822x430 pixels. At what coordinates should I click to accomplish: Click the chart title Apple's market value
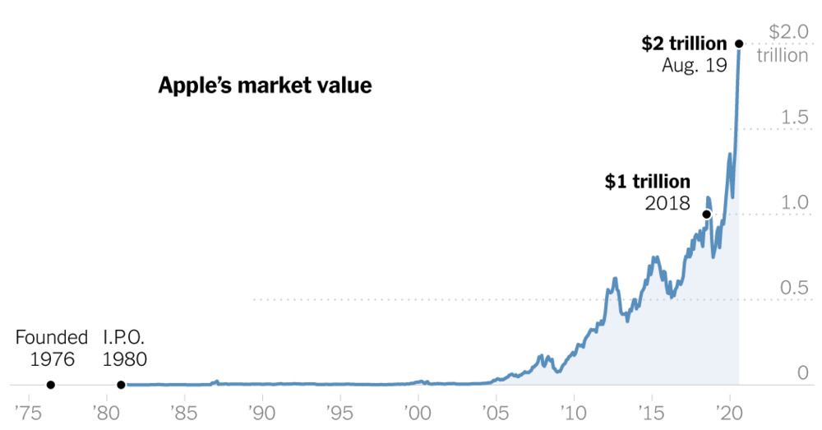(x=265, y=86)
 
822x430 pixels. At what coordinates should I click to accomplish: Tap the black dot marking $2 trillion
(x=739, y=44)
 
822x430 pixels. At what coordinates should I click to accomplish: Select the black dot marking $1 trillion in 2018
(x=706, y=215)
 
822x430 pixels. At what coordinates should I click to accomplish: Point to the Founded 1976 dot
(x=51, y=385)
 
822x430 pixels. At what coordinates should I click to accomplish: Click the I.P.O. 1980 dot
(x=121, y=385)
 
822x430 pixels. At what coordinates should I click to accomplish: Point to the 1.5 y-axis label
(x=795, y=118)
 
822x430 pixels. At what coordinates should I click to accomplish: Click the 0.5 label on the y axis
(x=795, y=288)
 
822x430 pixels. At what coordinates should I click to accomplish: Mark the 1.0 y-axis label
(x=795, y=202)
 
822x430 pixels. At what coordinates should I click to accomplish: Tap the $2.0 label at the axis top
(x=788, y=32)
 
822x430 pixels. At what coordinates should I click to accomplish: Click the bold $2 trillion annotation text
(x=684, y=44)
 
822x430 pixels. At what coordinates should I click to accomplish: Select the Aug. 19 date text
(x=695, y=66)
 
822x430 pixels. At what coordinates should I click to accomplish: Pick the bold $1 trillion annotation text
(x=648, y=182)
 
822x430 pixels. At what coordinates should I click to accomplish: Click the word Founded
(x=51, y=337)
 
